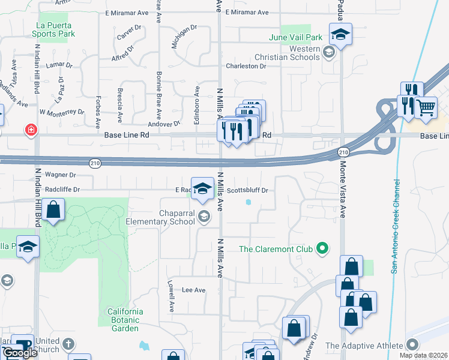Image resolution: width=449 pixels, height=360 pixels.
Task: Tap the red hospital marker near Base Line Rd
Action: pyautogui.click(x=29, y=130)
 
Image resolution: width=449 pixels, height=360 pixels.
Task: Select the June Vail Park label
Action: pyautogui.click(x=296, y=37)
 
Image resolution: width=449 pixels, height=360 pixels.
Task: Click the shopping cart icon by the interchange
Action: pyautogui.click(x=426, y=108)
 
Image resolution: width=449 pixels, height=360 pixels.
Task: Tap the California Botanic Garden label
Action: pyautogui.click(x=125, y=320)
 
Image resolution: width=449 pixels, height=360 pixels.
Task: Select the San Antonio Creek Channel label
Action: pyautogui.click(x=395, y=226)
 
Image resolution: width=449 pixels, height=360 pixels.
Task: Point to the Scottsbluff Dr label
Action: pyautogui.click(x=247, y=190)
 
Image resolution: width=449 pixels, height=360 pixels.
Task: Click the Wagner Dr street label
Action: pyautogui.click(x=60, y=175)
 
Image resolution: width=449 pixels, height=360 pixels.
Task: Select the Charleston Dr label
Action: pyautogui.click(x=246, y=66)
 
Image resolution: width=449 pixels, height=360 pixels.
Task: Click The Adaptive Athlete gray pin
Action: pyautogui.click(x=412, y=345)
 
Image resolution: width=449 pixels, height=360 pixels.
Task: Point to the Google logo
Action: pyautogui.click(x=20, y=353)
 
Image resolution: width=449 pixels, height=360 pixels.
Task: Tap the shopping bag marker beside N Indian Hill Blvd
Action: pyautogui.click(x=53, y=210)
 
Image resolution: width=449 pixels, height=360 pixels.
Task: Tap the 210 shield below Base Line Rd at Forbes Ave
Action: pyautogui.click(x=95, y=163)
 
